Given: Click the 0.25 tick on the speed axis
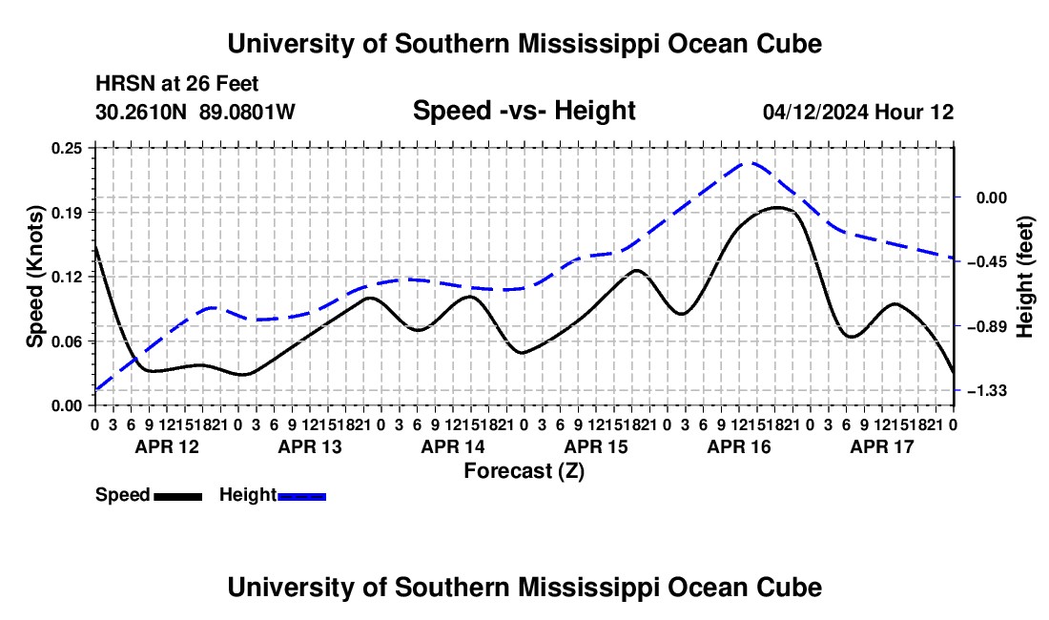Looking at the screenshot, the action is pyautogui.click(x=66, y=148).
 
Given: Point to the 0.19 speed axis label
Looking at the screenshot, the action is pyautogui.click(x=66, y=213).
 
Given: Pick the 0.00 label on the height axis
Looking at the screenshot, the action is pyautogui.click(x=992, y=198).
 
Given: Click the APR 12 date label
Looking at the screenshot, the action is pyautogui.click(x=167, y=446).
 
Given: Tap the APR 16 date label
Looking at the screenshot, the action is pyautogui.click(x=739, y=446).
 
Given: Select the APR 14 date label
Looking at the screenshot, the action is pyautogui.click(x=453, y=446).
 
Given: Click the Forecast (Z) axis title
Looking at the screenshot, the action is pyautogui.click(x=524, y=471).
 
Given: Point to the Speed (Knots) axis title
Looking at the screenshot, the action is pyautogui.click(x=34, y=277).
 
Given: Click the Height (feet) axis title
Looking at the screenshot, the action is pyautogui.click(x=1025, y=277).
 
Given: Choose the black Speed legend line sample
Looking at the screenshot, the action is pyautogui.click(x=178, y=497).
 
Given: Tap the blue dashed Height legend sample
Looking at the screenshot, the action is pyautogui.click(x=301, y=497).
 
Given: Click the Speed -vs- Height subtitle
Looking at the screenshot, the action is pyautogui.click(x=524, y=111).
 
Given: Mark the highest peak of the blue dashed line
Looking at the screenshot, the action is pyautogui.click(x=750, y=162).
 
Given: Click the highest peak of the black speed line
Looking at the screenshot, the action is pyautogui.click(x=777, y=207).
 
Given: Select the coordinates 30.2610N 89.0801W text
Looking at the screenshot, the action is pyautogui.click(x=195, y=112).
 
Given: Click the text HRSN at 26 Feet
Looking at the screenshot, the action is pyautogui.click(x=176, y=84).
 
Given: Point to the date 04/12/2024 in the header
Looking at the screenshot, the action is pyautogui.click(x=815, y=112).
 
